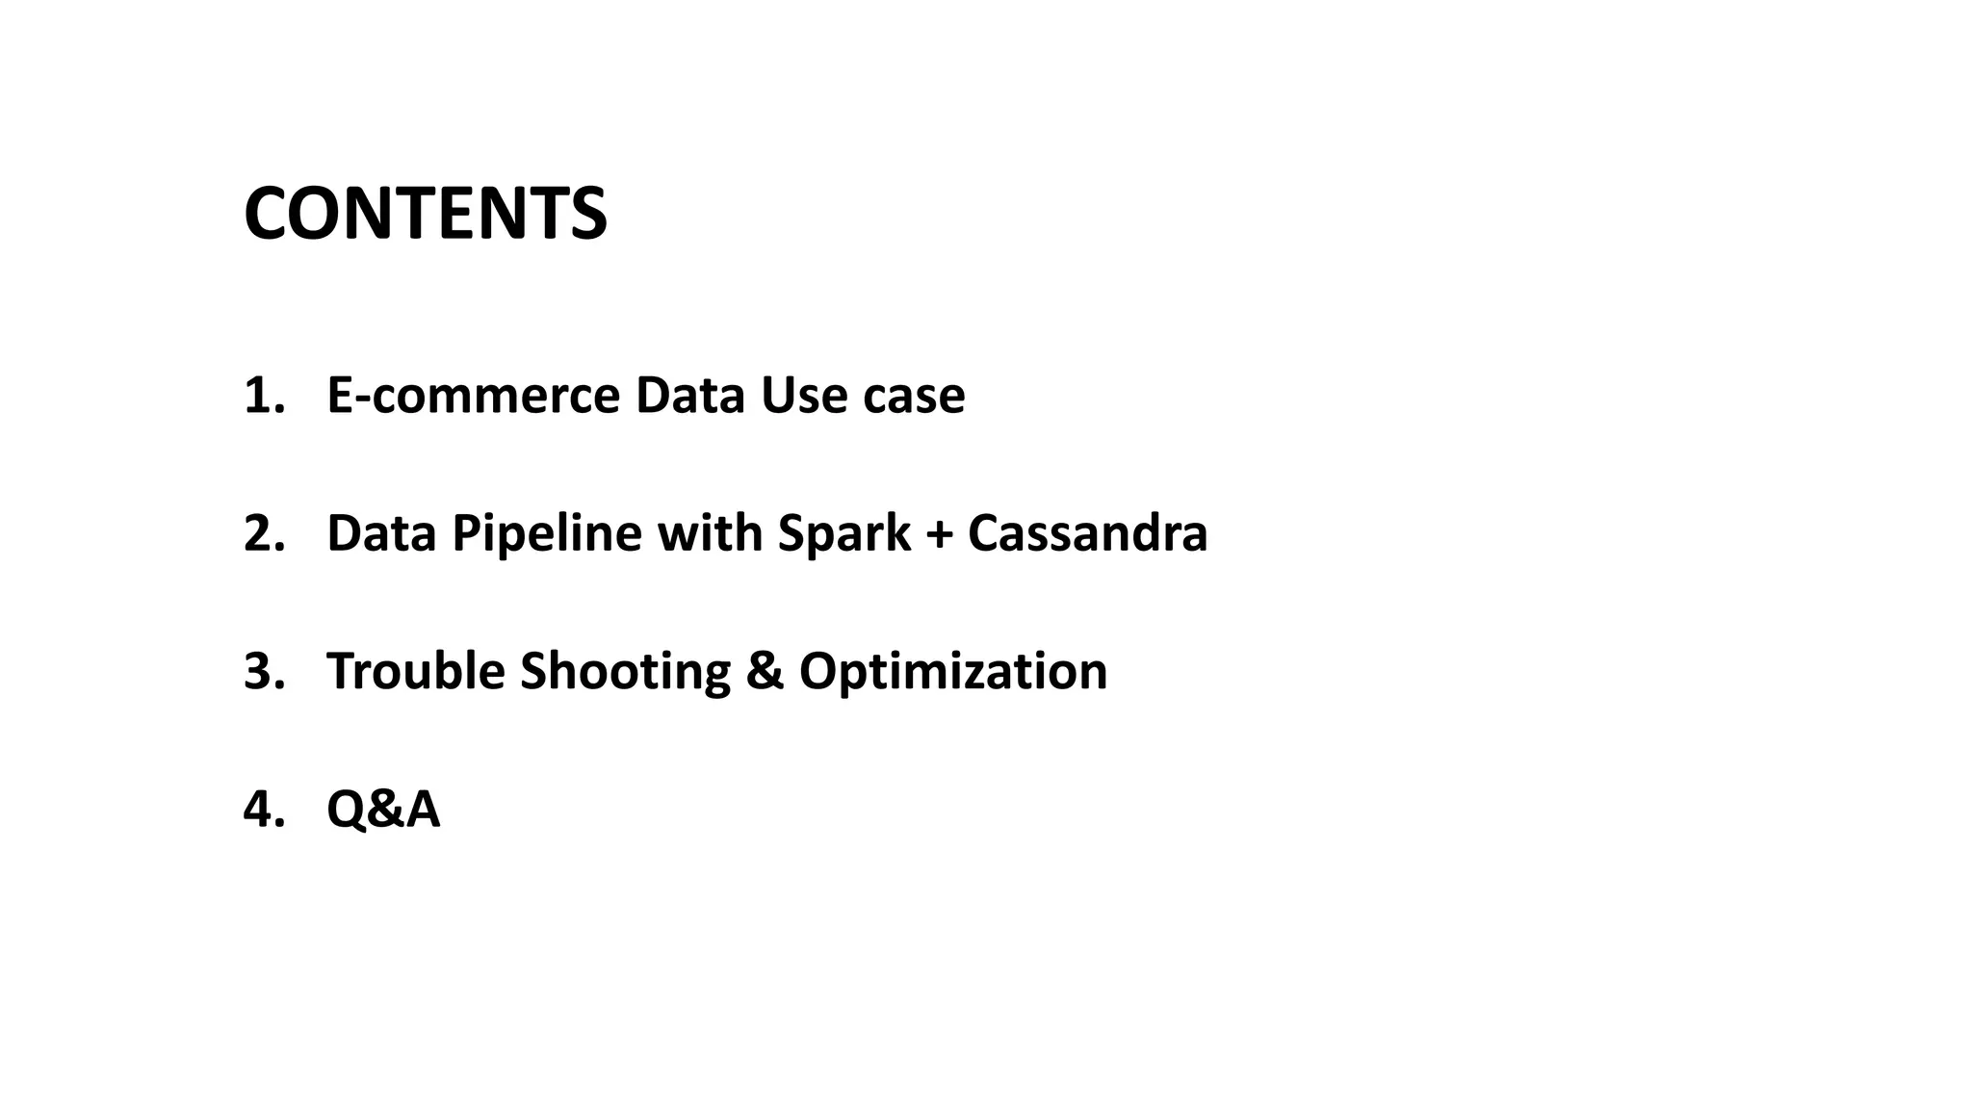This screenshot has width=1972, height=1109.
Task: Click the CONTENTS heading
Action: [x=425, y=213]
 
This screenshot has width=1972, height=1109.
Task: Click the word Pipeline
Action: [x=546, y=533]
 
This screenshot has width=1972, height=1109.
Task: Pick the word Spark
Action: [x=843, y=533]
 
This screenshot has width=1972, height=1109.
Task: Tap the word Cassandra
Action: [x=1087, y=533]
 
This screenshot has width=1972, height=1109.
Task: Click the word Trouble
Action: [x=415, y=671]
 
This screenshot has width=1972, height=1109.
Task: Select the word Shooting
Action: [x=625, y=671]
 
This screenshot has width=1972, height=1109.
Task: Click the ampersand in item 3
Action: [x=765, y=671]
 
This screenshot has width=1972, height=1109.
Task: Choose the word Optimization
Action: [x=952, y=671]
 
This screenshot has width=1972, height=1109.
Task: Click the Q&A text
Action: [x=383, y=809]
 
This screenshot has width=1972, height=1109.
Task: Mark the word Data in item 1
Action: [x=689, y=396]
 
